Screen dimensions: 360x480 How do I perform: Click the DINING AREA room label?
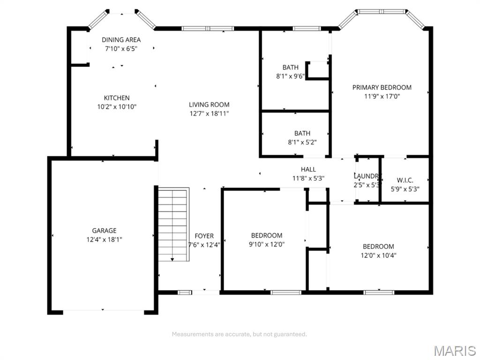(x=121, y=40)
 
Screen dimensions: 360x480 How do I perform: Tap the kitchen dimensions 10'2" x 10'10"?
(x=117, y=106)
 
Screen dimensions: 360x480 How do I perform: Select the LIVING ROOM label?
(x=209, y=105)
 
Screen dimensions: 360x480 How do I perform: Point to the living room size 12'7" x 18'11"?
(x=209, y=113)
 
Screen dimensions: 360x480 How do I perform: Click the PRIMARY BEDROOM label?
(x=382, y=87)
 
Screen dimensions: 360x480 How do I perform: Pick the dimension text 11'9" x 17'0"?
(x=382, y=96)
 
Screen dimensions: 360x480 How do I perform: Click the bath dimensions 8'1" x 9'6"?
(x=290, y=76)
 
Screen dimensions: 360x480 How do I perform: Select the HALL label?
(x=308, y=169)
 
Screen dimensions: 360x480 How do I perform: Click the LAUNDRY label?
(x=366, y=176)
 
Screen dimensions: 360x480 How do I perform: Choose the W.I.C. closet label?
(x=405, y=180)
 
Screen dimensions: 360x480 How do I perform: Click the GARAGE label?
(x=104, y=231)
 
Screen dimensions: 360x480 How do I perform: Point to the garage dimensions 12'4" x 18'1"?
(x=104, y=240)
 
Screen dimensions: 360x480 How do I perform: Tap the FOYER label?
(x=204, y=236)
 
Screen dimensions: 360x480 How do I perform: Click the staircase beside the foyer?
(x=173, y=223)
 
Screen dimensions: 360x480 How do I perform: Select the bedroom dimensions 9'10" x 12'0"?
(x=267, y=244)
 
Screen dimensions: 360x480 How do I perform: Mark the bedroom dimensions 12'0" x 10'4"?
(x=378, y=255)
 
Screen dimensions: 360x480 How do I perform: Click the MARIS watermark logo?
(x=454, y=350)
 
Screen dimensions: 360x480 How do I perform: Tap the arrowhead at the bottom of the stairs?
(x=173, y=259)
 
